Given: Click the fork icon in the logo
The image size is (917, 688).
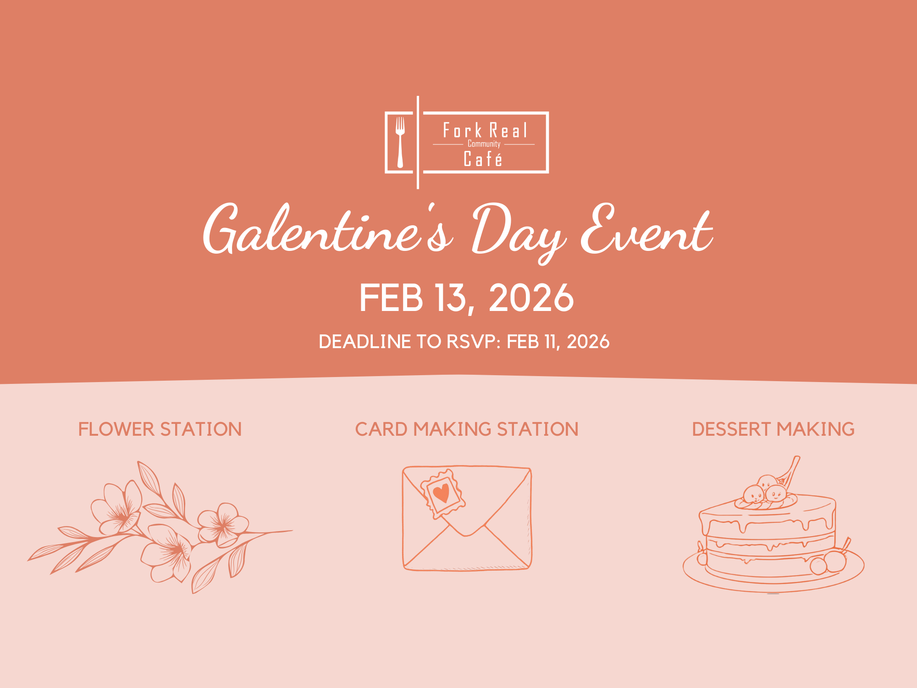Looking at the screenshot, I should tap(400, 141).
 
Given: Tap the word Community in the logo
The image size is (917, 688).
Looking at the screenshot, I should tap(484, 144).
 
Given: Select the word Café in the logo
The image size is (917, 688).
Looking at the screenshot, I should tap(483, 159).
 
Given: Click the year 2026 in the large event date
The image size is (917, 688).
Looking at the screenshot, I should tap(531, 298).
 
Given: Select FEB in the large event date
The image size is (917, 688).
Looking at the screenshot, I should tap(391, 298).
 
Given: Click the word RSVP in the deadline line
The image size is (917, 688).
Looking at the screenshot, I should tap(471, 342).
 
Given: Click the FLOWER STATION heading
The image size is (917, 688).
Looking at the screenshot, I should tap(160, 429).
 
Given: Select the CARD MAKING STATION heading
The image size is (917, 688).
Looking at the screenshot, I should tap(466, 429).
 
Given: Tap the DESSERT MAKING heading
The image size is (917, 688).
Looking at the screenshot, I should tap(773, 429).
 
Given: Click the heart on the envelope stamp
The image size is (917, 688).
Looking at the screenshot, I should tap(442, 493).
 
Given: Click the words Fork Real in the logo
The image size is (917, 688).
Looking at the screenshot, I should tap(485, 131).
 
